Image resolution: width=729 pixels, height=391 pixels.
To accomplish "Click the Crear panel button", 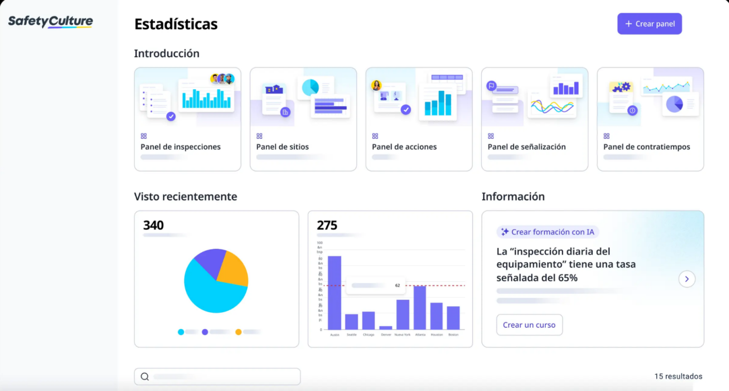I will pos(649,24).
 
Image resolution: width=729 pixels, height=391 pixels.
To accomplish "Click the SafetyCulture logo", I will pos(50,21).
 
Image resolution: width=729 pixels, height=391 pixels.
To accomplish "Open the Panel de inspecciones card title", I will pos(180,147).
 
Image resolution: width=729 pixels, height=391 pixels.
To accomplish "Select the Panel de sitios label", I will pos(282,147).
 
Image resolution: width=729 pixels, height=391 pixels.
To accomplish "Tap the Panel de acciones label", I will pos(404,147).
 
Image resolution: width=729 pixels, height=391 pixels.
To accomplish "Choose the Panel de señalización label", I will pos(526,147).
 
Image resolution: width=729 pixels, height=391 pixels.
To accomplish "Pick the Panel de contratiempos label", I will pos(646,147).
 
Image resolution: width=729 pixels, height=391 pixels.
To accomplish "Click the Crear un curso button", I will pos(529,325).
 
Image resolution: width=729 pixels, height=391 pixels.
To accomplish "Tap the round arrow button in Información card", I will pos(686,279).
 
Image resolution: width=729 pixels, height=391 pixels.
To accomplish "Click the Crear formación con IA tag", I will pos(548,232).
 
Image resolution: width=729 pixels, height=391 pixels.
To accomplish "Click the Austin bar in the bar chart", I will pos(335,292).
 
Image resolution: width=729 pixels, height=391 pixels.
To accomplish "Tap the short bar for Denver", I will pos(386,327).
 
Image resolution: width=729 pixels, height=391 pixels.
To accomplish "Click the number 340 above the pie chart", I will pos(153,225).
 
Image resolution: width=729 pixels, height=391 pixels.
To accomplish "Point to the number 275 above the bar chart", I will pos(327,225).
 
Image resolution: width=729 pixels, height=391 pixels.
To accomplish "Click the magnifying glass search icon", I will pos(145,377).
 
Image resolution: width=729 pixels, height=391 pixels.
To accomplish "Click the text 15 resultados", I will pos(678,376).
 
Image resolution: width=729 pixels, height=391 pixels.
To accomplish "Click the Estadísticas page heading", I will pos(176,24).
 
